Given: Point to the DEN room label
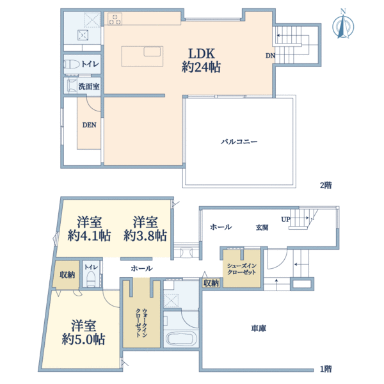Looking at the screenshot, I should point(89,125).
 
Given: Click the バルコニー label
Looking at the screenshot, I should point(239,141).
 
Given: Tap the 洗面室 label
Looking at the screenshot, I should point(87,85).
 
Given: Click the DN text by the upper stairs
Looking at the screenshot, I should point(270,56).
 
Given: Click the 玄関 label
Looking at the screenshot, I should point(262,227).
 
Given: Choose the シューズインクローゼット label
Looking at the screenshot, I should point(241,268).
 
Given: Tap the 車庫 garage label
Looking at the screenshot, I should point(259,328).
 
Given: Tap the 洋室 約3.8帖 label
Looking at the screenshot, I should point(146,228).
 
